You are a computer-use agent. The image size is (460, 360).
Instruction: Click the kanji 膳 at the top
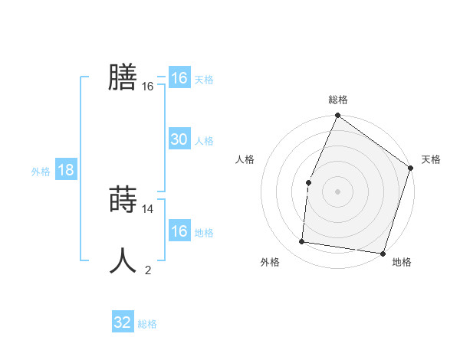123,77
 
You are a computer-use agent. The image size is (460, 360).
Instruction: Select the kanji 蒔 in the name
123,201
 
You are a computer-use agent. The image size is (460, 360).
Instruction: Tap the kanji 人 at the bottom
123,261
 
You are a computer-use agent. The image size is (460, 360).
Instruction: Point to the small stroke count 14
149,208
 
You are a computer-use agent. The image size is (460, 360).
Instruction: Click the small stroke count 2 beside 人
148,270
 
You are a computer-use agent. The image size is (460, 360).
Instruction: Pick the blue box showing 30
179,139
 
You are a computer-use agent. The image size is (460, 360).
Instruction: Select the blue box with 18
66,170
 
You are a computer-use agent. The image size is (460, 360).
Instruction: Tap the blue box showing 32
123,322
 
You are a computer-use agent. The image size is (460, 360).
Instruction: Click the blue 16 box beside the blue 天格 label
179,78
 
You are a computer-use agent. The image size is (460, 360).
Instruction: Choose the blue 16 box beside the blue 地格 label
179,231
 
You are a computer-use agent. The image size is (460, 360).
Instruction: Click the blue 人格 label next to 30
204,141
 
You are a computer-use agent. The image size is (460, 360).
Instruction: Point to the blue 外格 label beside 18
41,172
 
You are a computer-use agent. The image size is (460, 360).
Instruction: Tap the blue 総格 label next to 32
147,324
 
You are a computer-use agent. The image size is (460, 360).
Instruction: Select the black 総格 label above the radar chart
338,100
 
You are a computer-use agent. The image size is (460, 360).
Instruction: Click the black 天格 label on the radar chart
432,159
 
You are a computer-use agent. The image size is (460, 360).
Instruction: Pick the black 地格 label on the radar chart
402,263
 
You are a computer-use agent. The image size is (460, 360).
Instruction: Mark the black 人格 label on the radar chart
245,159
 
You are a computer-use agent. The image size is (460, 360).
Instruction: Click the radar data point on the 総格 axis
338,116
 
